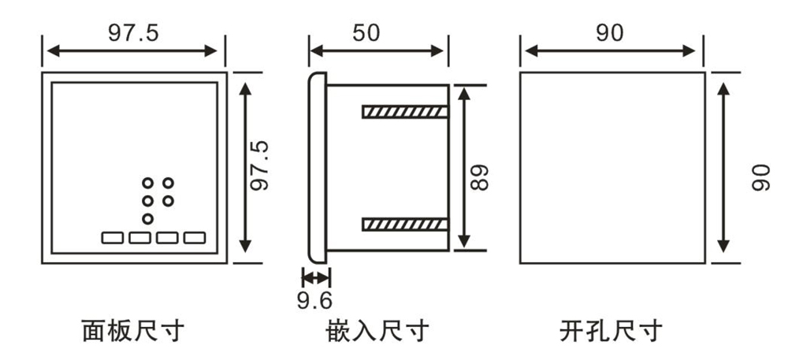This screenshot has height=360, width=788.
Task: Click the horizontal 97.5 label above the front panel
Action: [133, 33]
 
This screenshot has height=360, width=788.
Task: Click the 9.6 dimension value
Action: [314, 300]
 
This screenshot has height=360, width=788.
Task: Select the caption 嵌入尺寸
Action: [377, 331]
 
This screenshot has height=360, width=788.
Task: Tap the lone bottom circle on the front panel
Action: [147, 218]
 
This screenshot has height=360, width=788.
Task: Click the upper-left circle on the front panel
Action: [147, 183]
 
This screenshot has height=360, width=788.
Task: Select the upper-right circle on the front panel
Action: [168, 183]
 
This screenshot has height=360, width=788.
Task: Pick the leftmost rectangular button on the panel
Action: [112, 236]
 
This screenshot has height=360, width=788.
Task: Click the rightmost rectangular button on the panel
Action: [194, 236]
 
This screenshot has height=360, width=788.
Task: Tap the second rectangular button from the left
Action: [139, 236]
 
